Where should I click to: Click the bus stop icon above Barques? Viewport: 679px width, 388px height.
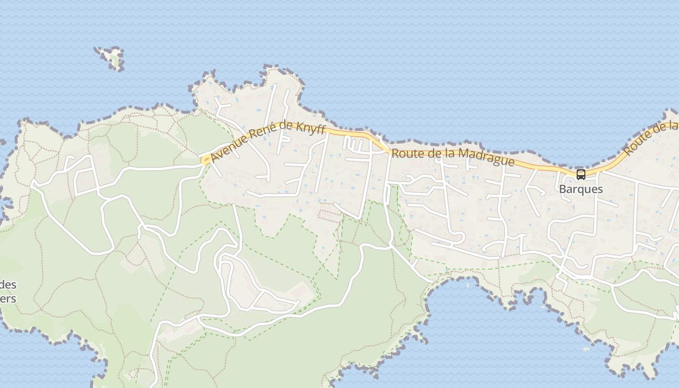coord(581,175)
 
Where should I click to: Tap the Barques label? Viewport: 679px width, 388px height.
coord(581,189)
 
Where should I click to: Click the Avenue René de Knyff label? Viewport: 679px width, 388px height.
coord(268,141)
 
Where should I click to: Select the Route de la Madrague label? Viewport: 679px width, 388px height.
coord(453,156)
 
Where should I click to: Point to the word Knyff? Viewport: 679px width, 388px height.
coord(308,129)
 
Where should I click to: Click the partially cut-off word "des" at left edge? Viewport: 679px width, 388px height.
coord(8,285)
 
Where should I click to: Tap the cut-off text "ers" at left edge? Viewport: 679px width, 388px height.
coord(8,298)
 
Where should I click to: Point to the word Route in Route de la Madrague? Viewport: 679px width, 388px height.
coord(405,153)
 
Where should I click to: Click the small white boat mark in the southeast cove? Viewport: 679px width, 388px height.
coord(586,348)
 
